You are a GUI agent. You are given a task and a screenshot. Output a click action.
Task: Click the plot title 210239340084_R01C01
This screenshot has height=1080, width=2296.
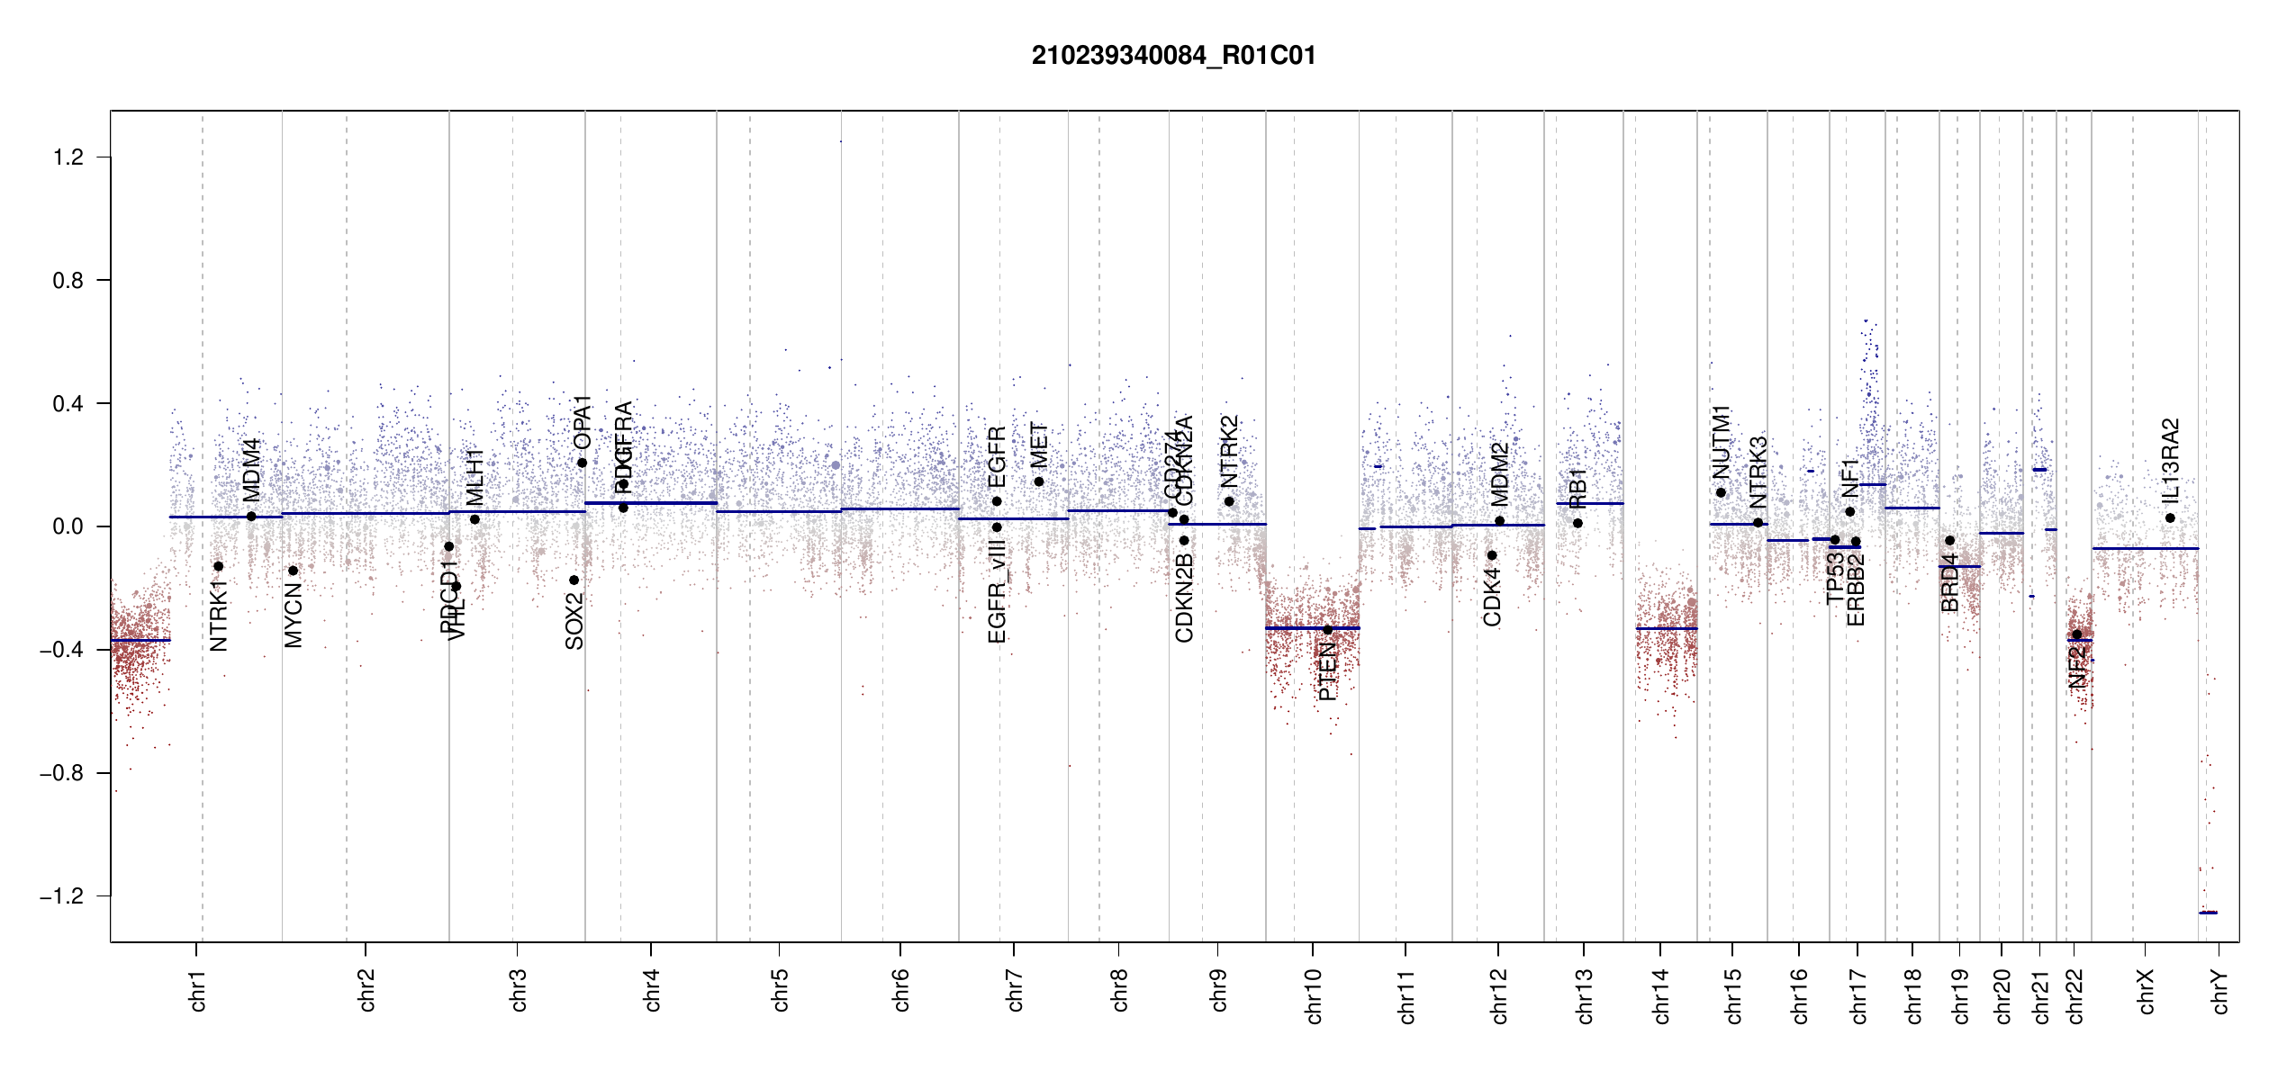click(x=1173, y=56)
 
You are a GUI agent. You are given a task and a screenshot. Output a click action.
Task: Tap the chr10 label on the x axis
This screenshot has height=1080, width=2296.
click(x=1314, y=996)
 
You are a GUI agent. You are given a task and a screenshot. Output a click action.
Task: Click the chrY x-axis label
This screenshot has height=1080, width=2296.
click(x=2220, y=992)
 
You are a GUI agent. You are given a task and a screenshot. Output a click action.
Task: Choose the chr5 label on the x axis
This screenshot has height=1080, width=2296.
click(x=780, y=990)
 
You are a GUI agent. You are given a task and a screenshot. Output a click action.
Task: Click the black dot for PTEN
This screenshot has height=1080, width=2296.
click(x=1327, y=630)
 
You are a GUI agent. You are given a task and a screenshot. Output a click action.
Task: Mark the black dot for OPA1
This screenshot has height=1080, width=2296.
click(x=582, y=463)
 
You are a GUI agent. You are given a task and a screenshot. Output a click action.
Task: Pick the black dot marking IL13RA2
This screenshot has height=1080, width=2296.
click(x=2170, y=517)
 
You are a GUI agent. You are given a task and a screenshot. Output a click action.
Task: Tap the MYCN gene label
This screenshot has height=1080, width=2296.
click(x=294, y=615)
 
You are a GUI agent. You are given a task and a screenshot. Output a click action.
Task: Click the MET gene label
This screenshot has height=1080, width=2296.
click(x=1039, y=445)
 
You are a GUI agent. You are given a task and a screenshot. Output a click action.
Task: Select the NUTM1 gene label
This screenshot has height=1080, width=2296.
click(x=1721, y=442)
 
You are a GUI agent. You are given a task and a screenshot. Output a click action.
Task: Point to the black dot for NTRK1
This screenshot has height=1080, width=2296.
click(x=218, y=566)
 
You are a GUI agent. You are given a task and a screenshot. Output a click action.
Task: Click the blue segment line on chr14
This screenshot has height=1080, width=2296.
click(x=1666, y=628)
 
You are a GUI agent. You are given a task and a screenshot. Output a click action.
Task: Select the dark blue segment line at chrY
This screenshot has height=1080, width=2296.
click(x=2208, y=913)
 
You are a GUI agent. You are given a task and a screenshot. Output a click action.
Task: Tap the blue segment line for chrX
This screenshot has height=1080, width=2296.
click(x=2145, y=548)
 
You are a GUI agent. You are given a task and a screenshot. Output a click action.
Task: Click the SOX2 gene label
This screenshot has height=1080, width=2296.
click(x=574, y=621)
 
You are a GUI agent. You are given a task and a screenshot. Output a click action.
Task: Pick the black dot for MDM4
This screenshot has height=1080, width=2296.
click(x=251, y=517)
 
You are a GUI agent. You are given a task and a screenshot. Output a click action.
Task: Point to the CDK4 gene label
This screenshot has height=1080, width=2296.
click(x=1492, y=597)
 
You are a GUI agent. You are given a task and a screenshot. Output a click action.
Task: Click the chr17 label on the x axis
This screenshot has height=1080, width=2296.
click(x=1858, y=996)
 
